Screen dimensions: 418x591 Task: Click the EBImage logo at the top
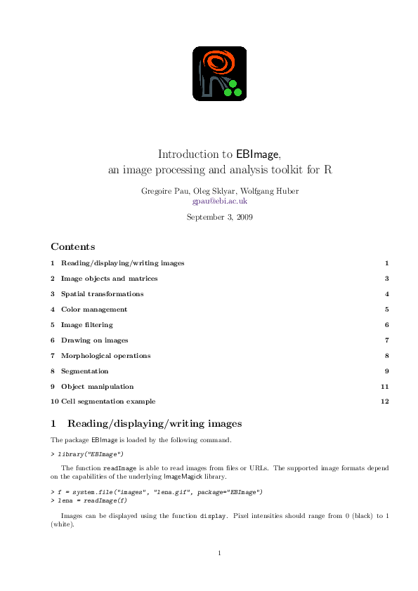pyautogui.click(x=220, y=73)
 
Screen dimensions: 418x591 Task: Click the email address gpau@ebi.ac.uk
pyautogui.click(x=220, y=201)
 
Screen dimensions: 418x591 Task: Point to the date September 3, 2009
pyautogui.click(x=220, y=217)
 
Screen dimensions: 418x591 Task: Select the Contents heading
pyautogui.click(x=72, y=247)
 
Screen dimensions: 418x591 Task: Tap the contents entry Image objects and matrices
pyautogui.click(x=109, y=279)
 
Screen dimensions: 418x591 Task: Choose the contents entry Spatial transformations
pyautogui.click(x=102, y=294)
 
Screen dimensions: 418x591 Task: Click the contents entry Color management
pyautogui.click(x=94, y=310)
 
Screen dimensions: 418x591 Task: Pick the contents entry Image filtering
pyautogui.click(x=86, y=325)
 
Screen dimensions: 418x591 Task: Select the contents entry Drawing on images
pyautogui.click(x=94, y=340)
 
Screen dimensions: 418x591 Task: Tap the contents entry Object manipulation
pyautogui.click(x=97, y=387)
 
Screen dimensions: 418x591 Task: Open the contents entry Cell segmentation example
pyautogui.click(x=108, y=401)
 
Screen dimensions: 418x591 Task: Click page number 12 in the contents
pyautogui.click(x=384, y=401)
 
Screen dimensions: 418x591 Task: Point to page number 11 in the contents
pyautogui.click(x=384, y=387)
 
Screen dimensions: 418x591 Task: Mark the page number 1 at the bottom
pyautogui.click(x=220, y=553)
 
